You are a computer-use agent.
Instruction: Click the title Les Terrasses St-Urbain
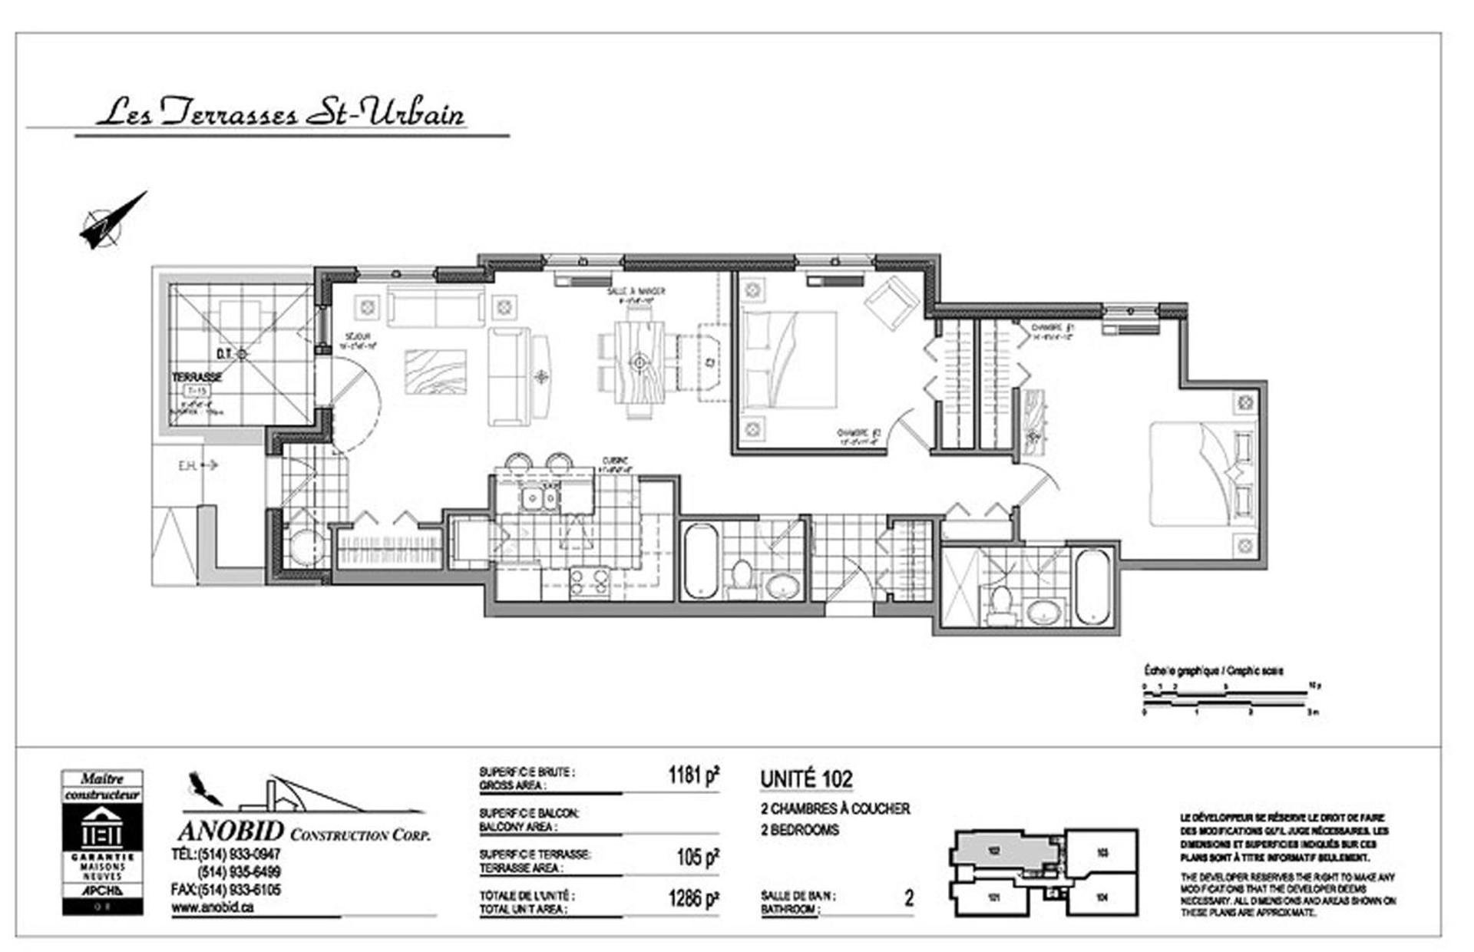[281, 113]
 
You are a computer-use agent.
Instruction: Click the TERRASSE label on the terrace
[197, 377]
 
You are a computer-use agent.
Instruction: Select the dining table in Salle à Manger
[639, 361]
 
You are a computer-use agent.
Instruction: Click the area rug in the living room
[435, 372]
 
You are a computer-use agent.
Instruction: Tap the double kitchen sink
[540, 500]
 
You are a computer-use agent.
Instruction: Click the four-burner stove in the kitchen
[589, 583]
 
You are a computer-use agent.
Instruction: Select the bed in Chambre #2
[789, 359]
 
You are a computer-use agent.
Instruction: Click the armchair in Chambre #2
[891, 302]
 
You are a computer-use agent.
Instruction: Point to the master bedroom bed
[1203, 474]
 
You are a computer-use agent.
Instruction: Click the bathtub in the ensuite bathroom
[1092, 587]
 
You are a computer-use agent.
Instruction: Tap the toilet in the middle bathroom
[742, 577]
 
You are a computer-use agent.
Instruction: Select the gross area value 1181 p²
[693, 775]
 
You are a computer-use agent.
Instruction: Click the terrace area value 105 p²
[697, 857]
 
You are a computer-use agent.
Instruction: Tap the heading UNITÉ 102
[806, 779]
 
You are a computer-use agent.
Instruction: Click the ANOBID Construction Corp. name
[304, 831]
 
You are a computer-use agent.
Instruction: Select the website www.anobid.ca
[212, 907]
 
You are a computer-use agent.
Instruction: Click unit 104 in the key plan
[1102, 896]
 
